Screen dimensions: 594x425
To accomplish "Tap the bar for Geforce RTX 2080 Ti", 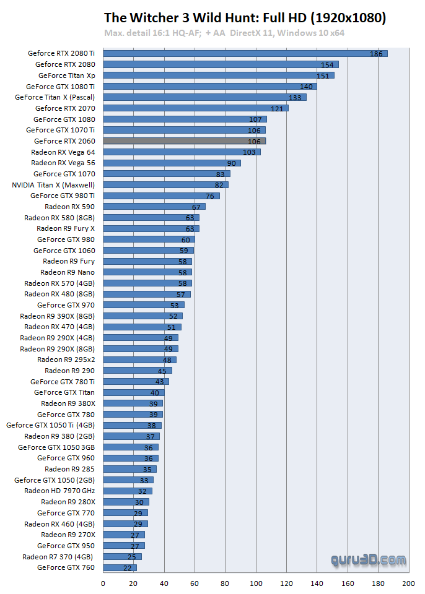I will click(245, 54).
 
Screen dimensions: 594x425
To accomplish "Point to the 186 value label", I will click(376, 54).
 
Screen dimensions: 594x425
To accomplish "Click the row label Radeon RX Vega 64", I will click(63, 152).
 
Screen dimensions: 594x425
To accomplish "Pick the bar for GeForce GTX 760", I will click(120, 567).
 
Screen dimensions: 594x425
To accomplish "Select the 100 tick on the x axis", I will click(255, 583).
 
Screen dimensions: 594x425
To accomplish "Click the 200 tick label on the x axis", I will click(408, 583).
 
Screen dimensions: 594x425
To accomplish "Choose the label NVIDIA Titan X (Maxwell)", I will click(54, 184).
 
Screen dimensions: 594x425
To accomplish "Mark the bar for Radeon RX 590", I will click(154, 207).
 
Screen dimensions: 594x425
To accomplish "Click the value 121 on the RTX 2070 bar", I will click(276, 108).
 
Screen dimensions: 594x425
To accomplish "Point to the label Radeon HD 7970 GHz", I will click(59, 491).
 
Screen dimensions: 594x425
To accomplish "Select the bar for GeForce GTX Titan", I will click(133, 392).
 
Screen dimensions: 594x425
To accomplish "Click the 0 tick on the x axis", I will click(103, 583).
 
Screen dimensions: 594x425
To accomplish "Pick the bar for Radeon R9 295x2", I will click(139, 359).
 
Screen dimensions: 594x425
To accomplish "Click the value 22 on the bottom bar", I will click(128, 567).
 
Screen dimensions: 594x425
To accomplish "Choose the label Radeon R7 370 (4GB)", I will click(59, 556).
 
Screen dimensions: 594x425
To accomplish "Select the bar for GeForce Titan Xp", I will click(218, 75).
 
